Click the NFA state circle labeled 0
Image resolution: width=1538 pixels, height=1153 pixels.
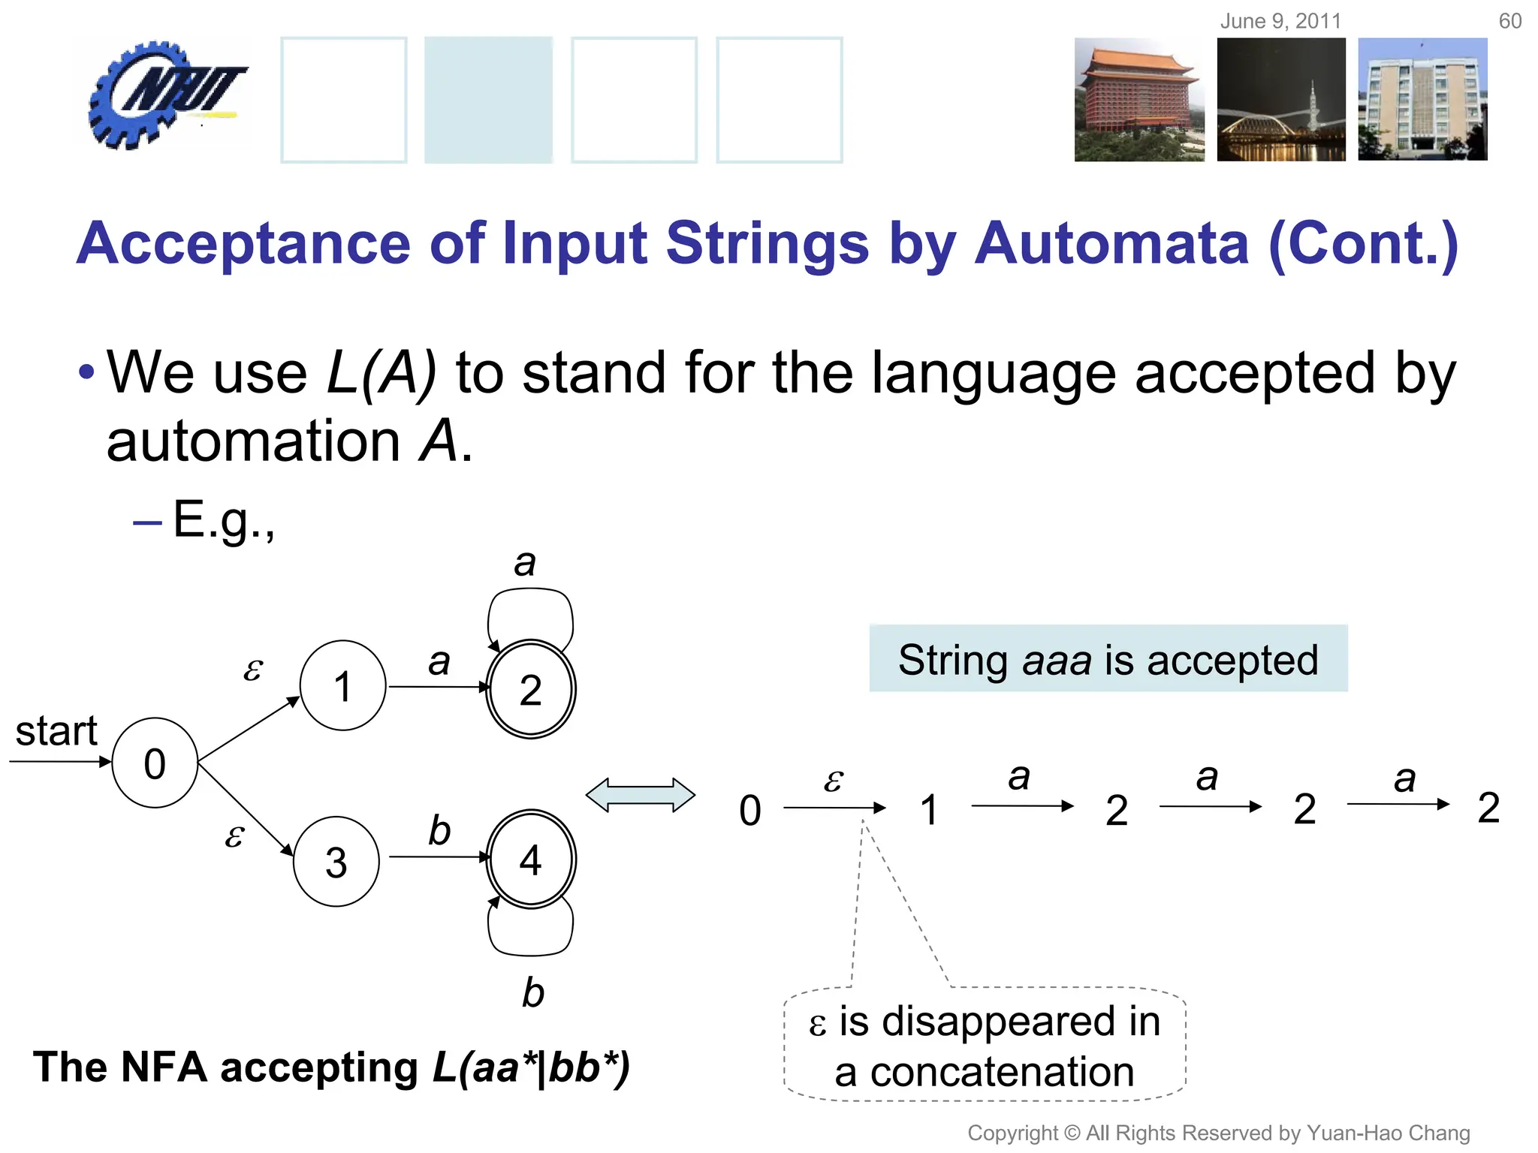[x=155, y=763]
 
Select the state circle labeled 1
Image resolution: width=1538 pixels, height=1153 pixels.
[x=343, y=685]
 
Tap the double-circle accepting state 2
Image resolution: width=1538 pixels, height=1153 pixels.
[x=531, y=689]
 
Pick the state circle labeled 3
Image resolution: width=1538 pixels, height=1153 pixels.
[x=336, y=862]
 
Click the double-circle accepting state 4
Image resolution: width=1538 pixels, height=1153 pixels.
[x=531, y=859]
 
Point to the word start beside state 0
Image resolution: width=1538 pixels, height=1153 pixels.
[x=56, y=731]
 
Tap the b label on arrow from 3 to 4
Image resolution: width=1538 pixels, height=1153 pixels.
[x=439, y=830]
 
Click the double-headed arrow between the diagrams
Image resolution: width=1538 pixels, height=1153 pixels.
[x=641, y=795]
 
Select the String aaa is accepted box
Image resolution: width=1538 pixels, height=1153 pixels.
[x=1108, y=658]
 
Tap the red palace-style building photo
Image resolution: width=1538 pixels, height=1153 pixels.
[x=1138, y=100]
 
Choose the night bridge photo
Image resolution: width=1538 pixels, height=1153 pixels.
[x=1281, y=100]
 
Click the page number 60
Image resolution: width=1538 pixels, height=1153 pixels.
[x=1509, y=21]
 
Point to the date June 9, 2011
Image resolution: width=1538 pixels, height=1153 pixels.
[x=1280, y=21]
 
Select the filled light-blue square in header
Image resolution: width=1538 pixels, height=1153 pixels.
[x=488, y=100]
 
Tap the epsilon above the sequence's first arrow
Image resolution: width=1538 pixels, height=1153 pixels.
[x=833, y=781]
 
